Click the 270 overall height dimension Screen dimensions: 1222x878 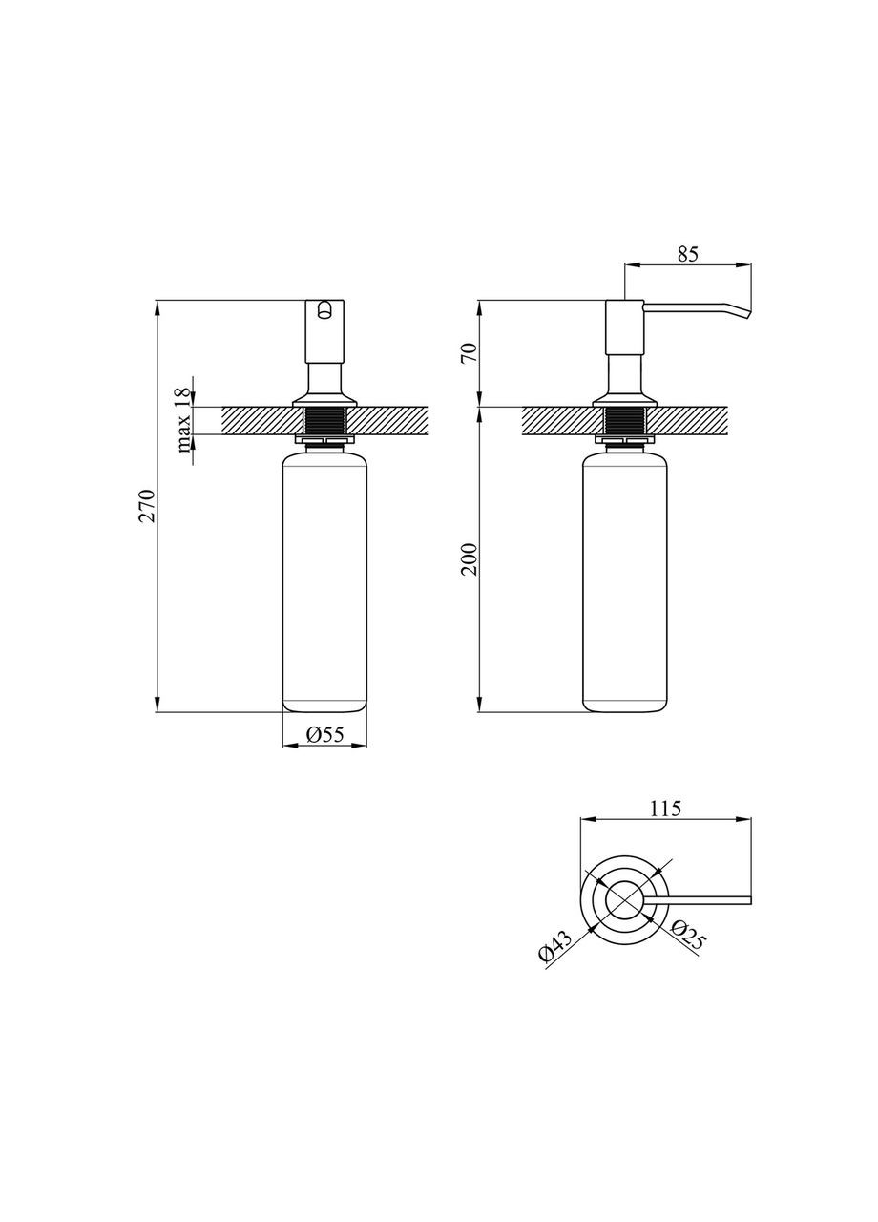(146, 506)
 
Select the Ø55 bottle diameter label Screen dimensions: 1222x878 (325, 734)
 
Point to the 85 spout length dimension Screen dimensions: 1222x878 (688, 254)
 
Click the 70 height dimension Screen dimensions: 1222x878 (468, 354)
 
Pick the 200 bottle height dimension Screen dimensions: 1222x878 (468, 559)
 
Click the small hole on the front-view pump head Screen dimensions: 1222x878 (325, 309)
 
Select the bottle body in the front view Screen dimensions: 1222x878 (325, 582)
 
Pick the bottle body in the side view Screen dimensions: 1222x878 (625, 582)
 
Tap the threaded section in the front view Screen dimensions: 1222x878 (325, 421)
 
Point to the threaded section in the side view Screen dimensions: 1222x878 (625, 421)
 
